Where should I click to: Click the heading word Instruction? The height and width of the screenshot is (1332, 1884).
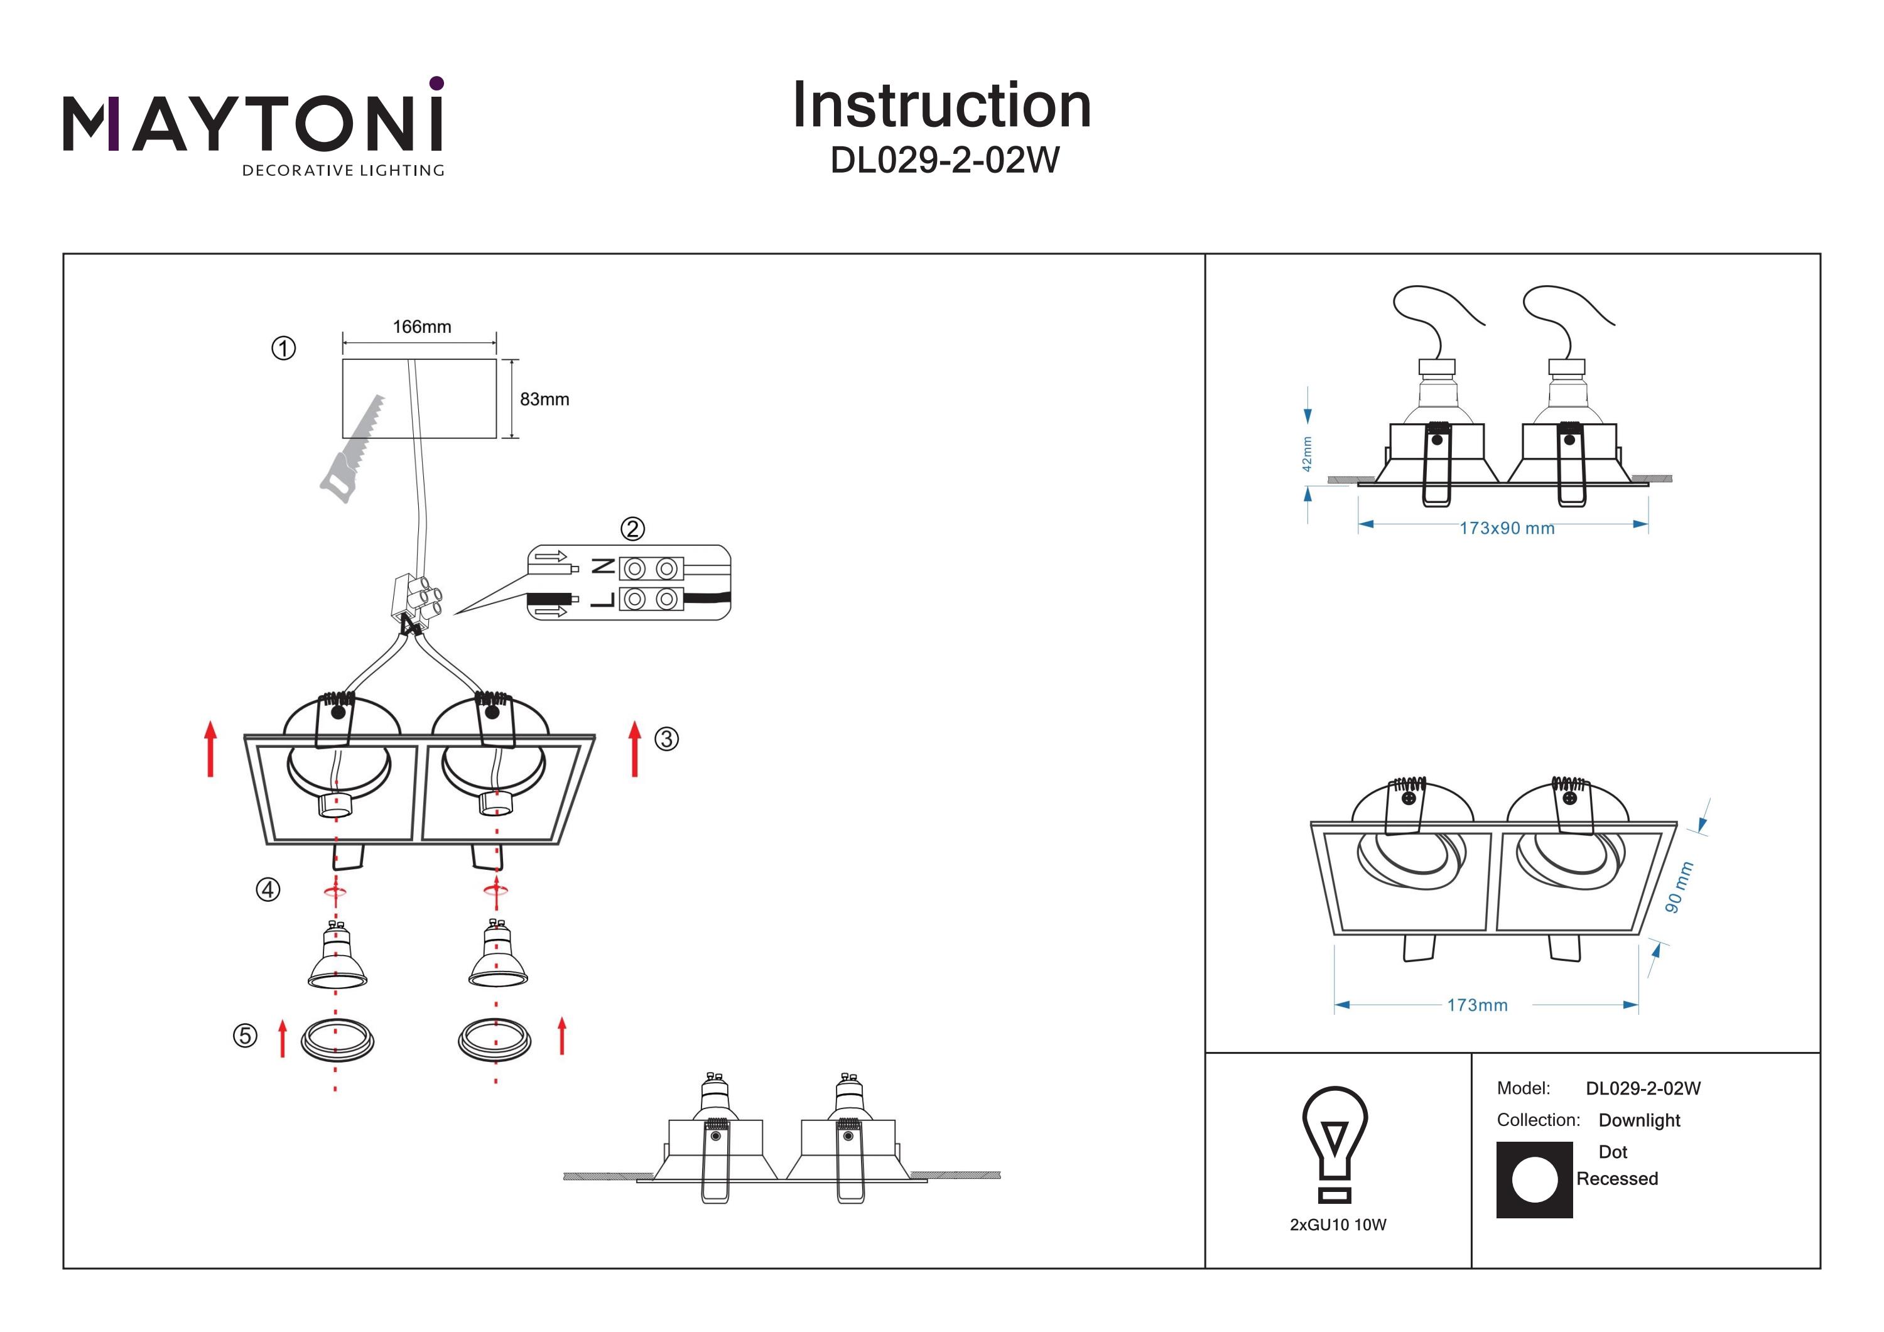[x=941, y=106]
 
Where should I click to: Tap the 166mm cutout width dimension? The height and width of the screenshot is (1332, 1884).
[x=422, y=327]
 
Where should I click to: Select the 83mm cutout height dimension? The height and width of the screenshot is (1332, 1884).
[x=544, y=399]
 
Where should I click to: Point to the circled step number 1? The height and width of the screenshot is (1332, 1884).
[x=283, y=349]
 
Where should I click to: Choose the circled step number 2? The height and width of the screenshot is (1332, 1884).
[x=632, y=529]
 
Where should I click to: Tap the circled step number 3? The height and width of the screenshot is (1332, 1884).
[x=666, y=739]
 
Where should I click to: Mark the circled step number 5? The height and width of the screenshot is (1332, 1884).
[x=244, y=1036]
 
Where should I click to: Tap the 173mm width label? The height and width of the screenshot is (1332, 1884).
[x=1477, y=1005]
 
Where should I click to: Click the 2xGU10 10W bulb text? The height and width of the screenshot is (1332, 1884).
[x=1338, y=1225]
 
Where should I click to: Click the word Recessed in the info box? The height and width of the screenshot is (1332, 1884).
[x=1616, y=1179]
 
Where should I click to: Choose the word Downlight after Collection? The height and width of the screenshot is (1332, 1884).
[x=1638, y=1120]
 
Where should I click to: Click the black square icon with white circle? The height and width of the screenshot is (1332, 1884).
[x=1534, y=1180]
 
